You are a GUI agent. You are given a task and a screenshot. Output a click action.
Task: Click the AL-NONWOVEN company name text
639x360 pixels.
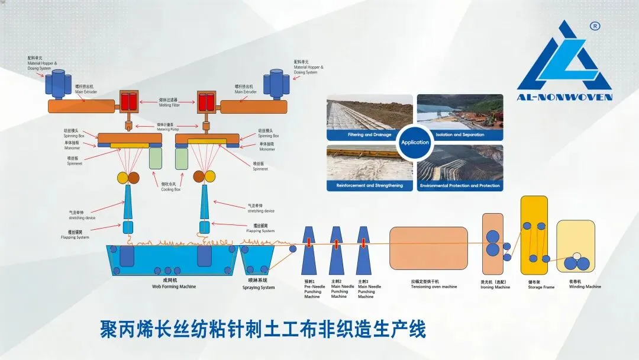[x=564, y=97]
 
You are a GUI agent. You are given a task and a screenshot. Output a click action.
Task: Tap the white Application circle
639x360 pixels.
[x=415, y=142]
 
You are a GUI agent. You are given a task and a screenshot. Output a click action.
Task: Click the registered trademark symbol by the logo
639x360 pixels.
[x=595, y=26]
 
